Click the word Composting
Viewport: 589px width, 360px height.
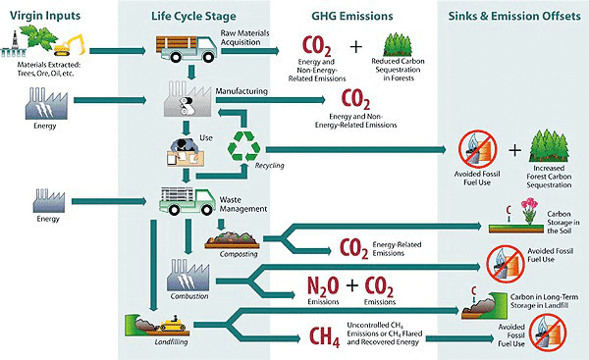click(225, 253)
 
